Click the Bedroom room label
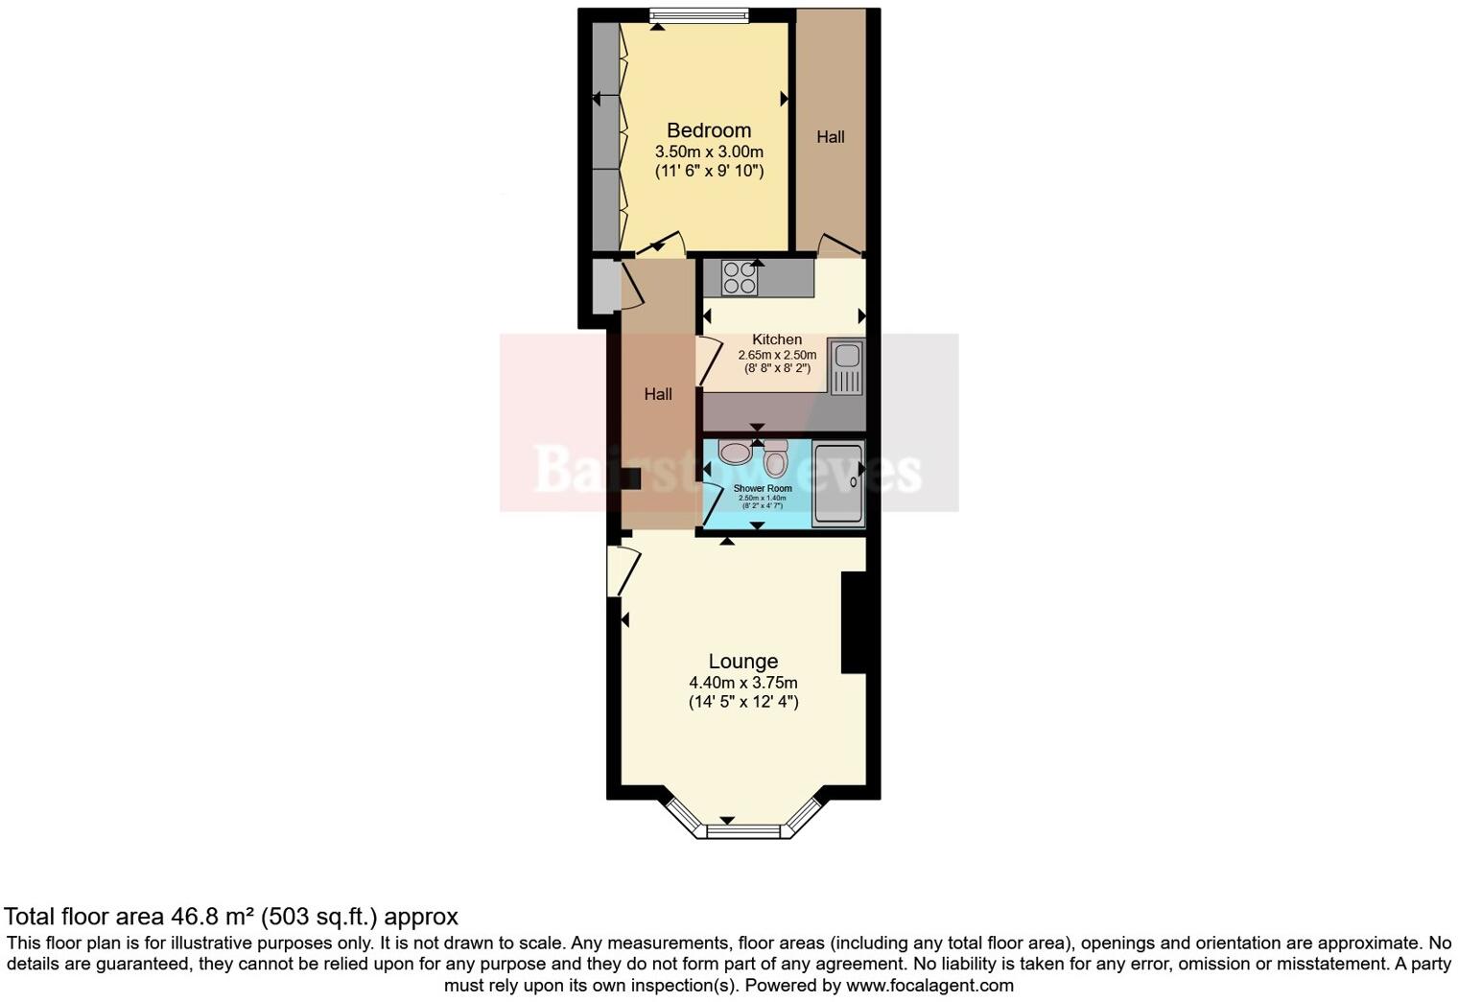[x=709, y=130]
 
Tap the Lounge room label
[x=742, y=662]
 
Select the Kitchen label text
[x=777, y=339]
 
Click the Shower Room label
[x=763, y=488]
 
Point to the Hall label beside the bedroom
[x=831, y=137]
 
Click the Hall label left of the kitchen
[x=658, y=394]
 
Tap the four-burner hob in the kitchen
[x=740, y=278]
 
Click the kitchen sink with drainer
[x=846, y=367]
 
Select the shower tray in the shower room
[x=838, y=484]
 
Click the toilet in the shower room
[x=775, y=460]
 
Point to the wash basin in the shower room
[x=736, y=452]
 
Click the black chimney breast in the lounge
[x=854, y=622]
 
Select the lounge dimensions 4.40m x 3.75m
[x=742, y=683]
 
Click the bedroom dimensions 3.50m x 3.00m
[x=709, y=151]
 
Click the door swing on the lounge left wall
[x=623, y=571]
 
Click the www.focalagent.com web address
[x=929, y=985]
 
